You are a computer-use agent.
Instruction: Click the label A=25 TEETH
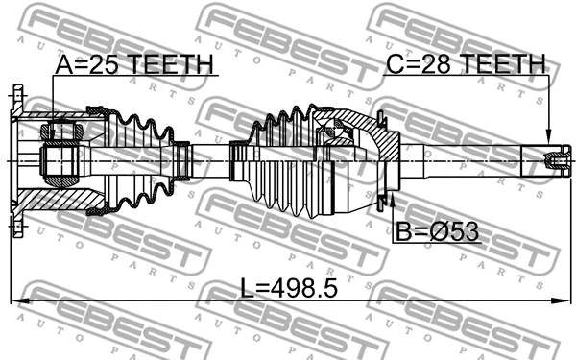[134, 64]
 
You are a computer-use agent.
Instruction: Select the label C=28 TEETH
[465, 64]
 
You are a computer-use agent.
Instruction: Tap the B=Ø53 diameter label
[437, 231]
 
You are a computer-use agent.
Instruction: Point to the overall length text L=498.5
[288, 287]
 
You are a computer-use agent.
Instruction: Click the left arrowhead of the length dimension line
[15, 301]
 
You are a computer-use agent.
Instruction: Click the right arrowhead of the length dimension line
[561, 301]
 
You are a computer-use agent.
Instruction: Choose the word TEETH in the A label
[169, 64]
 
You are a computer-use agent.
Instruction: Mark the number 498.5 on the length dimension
[304, 287]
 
